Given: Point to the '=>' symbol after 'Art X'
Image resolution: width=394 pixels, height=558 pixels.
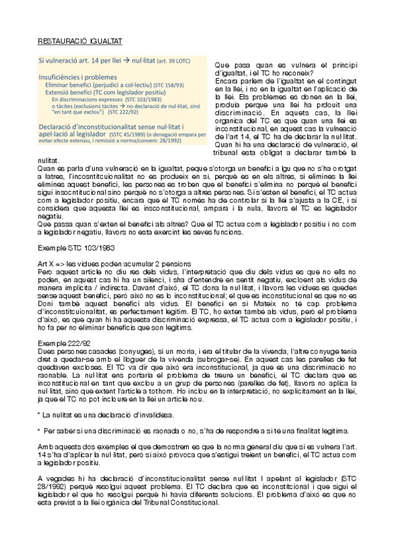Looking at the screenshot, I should (61, 264).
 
